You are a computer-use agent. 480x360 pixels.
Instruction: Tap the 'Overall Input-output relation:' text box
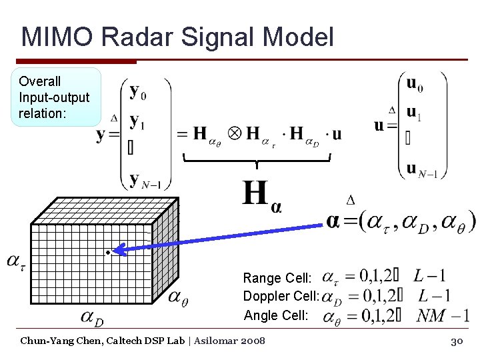[x=56, y=97]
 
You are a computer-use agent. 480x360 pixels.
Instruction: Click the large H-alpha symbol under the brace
[x=261, y=195]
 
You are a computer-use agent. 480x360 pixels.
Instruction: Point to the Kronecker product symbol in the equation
[x=235, y=133]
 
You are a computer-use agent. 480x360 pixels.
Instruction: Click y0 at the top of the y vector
[x=138, y=91]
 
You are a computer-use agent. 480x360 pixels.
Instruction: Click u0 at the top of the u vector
[x=414, y=84]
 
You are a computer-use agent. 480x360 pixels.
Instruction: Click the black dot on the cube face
[x=107, y=252]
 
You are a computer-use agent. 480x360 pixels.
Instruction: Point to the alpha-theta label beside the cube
[x=177, y=296]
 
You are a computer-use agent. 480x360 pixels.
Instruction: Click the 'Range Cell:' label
[x=277, y=278]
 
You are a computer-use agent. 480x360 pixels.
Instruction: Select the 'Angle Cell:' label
[x=276, y=315]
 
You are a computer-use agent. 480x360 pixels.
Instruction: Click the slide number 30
[x=457, y=341]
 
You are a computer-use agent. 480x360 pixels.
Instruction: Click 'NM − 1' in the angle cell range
[x=443, y=315]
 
